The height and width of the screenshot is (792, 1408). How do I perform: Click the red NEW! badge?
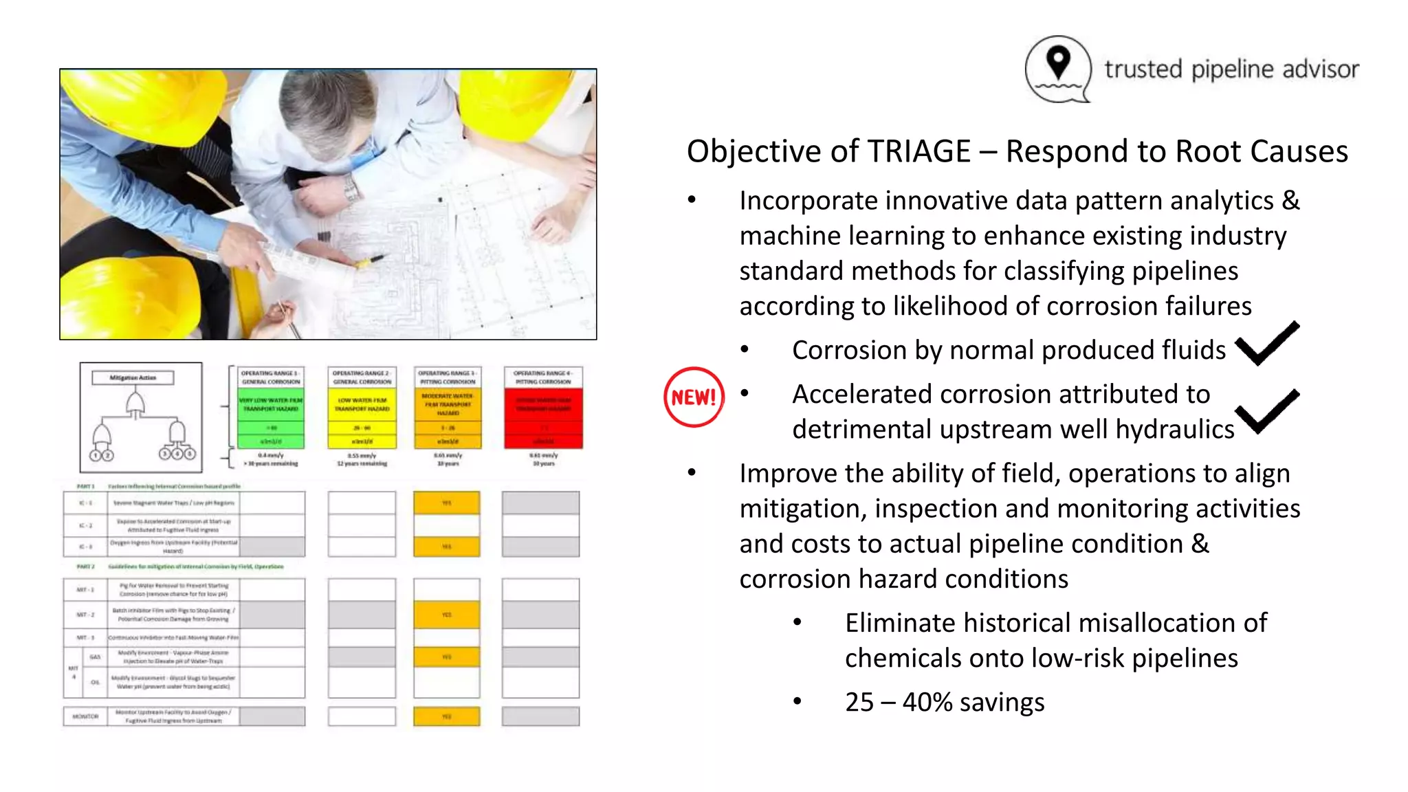pos(694,397)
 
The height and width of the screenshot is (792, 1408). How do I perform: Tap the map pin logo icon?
pos(1058,68)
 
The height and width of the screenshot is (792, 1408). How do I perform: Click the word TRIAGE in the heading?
pos(918,151)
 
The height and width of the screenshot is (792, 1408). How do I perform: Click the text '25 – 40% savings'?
pos(944,702)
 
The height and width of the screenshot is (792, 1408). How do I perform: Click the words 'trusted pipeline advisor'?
pos(1231,69)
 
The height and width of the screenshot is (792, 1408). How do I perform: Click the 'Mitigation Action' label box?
pos(133,377)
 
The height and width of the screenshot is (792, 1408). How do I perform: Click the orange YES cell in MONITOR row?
pos(447,716)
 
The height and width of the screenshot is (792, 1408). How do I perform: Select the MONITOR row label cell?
pos(85,716)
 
